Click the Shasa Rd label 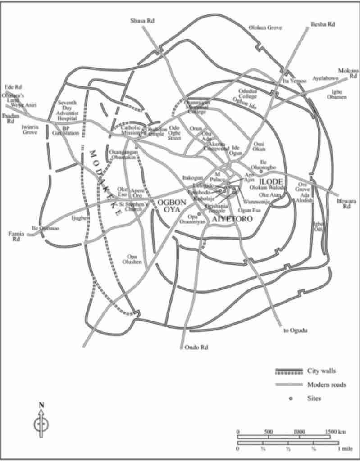pos(141,21)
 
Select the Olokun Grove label pos(265,28)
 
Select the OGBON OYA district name pos(169,206)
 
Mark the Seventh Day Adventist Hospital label pos(68,111)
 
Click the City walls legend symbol pos(288,371)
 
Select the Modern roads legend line pos(288,384)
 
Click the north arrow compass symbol pos(41,423)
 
